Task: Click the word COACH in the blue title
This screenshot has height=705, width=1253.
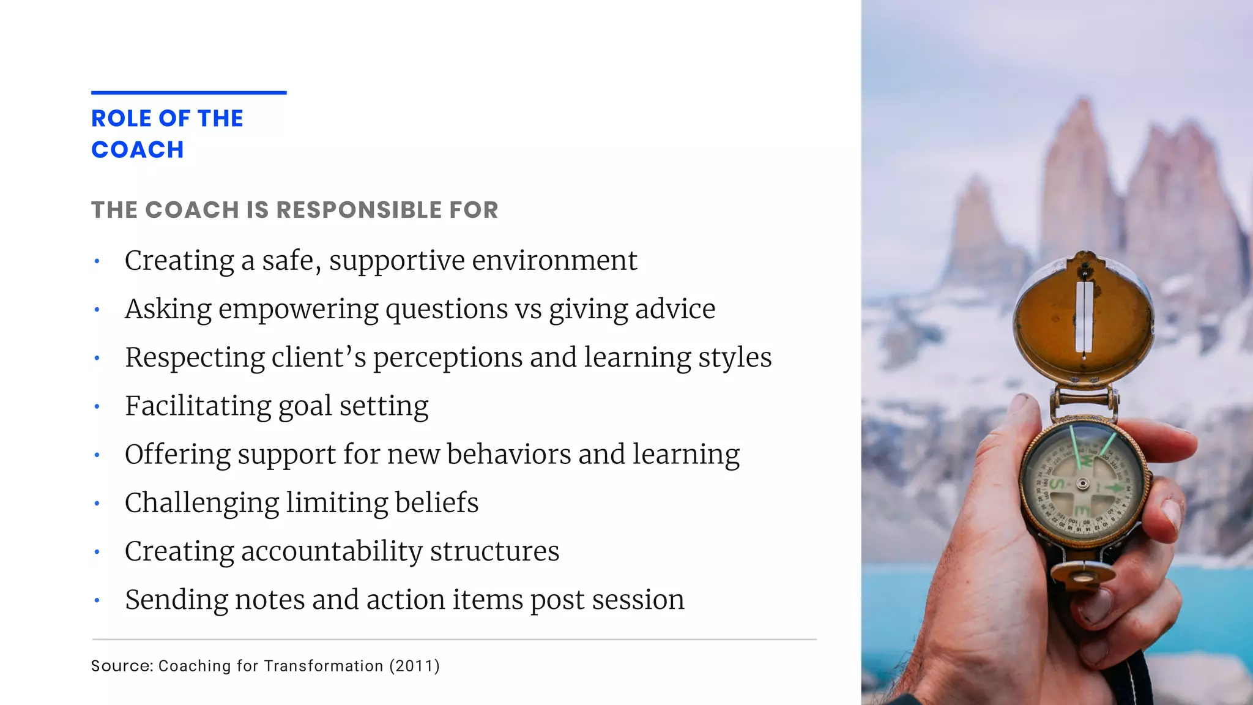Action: pos(138,150)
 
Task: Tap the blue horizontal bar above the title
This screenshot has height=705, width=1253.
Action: pos(188,93)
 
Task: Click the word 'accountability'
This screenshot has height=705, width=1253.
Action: pos(332,551)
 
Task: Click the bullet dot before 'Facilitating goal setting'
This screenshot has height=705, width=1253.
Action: pos(97,406)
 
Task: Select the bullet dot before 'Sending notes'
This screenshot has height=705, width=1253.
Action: pos(97,600)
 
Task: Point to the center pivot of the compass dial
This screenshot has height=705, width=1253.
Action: pos(1082,483)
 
